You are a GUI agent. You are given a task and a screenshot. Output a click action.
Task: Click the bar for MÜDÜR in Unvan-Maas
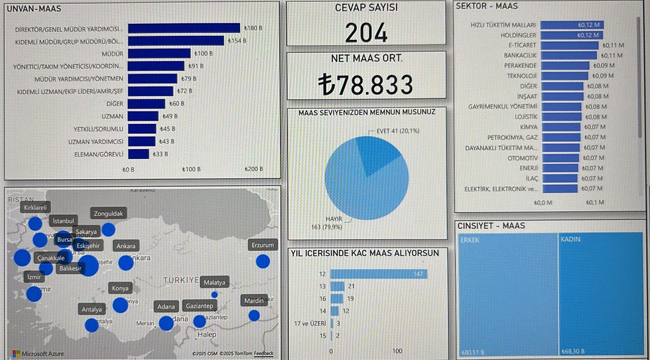159,53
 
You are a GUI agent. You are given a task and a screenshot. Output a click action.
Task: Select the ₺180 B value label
253,29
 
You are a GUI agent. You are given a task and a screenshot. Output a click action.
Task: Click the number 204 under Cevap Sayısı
366,32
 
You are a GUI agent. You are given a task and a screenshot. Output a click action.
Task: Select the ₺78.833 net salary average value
365,85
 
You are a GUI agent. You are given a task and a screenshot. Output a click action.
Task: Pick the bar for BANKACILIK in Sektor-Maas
568,56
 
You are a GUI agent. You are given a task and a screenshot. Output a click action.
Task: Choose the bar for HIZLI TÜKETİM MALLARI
571,25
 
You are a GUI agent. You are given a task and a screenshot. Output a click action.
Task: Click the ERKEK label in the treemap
470,240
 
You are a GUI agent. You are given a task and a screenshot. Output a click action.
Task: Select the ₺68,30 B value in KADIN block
576,351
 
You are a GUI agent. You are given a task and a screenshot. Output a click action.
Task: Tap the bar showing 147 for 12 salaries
378,274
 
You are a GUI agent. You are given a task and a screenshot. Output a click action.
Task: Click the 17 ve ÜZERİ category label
311,324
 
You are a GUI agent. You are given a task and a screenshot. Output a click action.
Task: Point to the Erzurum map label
263,245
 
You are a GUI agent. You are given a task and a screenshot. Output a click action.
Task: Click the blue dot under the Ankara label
125,263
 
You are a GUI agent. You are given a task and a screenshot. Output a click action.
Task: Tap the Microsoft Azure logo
38,353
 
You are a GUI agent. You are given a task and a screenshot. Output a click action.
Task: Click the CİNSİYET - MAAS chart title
491,226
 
